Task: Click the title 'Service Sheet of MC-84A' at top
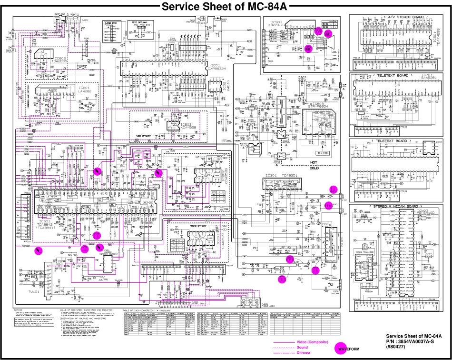226,7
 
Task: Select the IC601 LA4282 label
84,90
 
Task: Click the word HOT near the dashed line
314,162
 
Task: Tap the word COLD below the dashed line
314,168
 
